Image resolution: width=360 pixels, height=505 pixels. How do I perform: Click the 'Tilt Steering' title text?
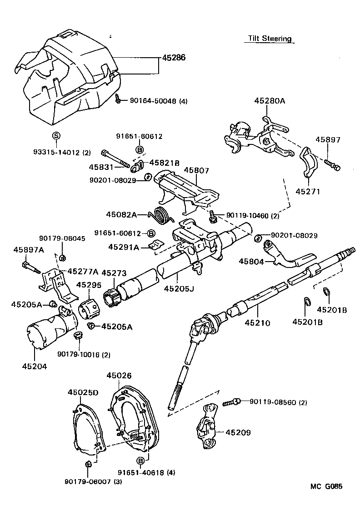pyautogui.click(x=269, y=39)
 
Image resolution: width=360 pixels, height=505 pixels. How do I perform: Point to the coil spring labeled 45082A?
pyautogui.click(x=162, y=214)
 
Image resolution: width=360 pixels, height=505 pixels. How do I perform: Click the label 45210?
pyautogui.click(x=257, y=323)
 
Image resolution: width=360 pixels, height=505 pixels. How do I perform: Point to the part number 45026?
pyautogui.click(x=119, y=376)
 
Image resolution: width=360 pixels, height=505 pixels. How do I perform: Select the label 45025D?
pyautogui.click(x=83, y=392)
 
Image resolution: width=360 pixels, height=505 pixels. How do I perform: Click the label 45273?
pyautogui.click(x=113, y=273)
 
